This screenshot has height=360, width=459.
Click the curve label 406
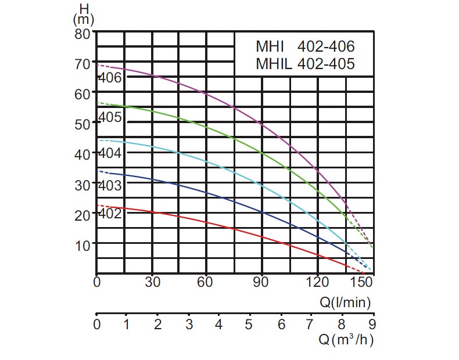click(x=110, y=77)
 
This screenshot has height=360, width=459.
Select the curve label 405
click(x=110, y=117)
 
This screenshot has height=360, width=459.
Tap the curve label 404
click(x=110, y=154)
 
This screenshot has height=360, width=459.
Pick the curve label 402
click(x=110, y=214)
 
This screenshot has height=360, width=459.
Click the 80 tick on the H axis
click(x=83, y=33)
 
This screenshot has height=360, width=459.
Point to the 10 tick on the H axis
click(x=83, y=244)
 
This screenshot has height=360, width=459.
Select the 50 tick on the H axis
click(x=83, y=124)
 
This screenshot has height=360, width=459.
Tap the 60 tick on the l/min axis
click(x=207, y=283)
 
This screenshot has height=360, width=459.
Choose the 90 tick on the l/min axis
click(x=263, y=283)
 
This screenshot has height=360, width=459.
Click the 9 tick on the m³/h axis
click(x=372, y=325)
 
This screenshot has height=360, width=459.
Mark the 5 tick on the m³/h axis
click(x=249, y=325)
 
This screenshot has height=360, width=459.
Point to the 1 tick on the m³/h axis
click(x=126, y=325)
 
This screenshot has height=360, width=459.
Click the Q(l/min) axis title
click(x=345, y=302)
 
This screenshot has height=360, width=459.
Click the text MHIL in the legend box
click(x=274, y=64)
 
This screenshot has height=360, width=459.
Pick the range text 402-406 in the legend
click(x=325, y=46)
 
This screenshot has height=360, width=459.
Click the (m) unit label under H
click(x=84, y=19)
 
